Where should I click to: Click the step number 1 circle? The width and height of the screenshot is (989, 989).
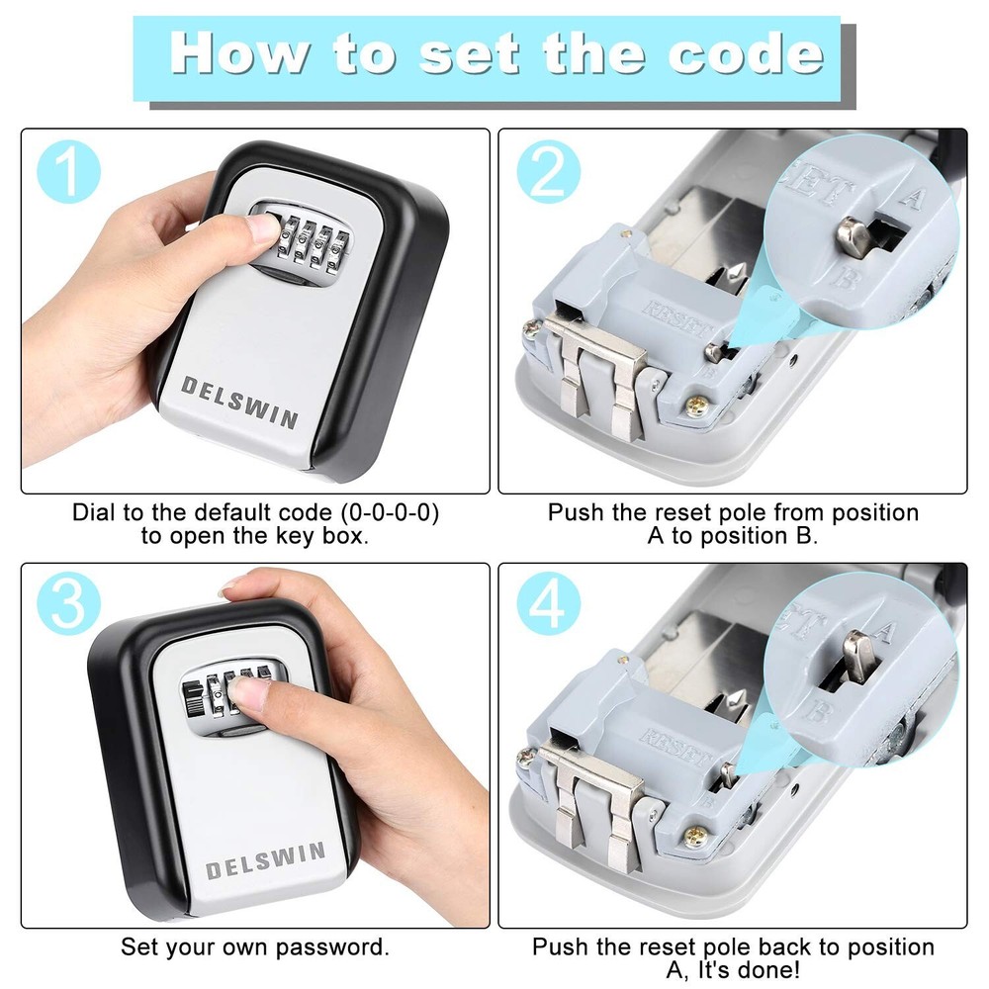(x=67, y=170)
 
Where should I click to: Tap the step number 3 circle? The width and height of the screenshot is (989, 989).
(x=67, y=604)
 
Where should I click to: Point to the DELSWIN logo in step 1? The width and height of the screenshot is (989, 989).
(x=238, y=401)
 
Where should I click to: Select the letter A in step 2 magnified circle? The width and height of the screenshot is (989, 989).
(x=912, y=197)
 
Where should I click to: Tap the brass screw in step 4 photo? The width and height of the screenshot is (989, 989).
(x=696, y=838)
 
